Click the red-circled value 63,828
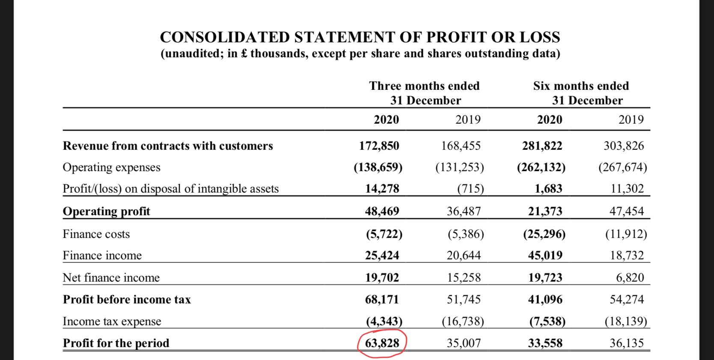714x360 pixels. pos(382,343)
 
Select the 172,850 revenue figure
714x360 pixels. pos(379,146)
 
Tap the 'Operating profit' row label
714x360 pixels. pos(107,211)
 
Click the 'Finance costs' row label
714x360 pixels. pos(96,234)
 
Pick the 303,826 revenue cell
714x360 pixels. pos(624,146)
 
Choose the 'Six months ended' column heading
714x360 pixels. pos(581,86)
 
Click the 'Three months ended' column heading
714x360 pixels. pos(424,86)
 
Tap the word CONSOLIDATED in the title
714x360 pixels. pos(225,37)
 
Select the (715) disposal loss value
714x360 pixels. pos(470,189)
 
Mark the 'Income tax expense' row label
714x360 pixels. pos(112,321)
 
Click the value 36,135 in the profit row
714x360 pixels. pos(627,343)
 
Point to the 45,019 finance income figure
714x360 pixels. pos(545,256)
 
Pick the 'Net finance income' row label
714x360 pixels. pos(111,278)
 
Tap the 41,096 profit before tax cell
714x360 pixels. pos(545,299)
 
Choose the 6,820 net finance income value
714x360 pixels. pos(630,278)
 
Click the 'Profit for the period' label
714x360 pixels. pos(116,343)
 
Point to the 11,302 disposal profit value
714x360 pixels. pos(627,189)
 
